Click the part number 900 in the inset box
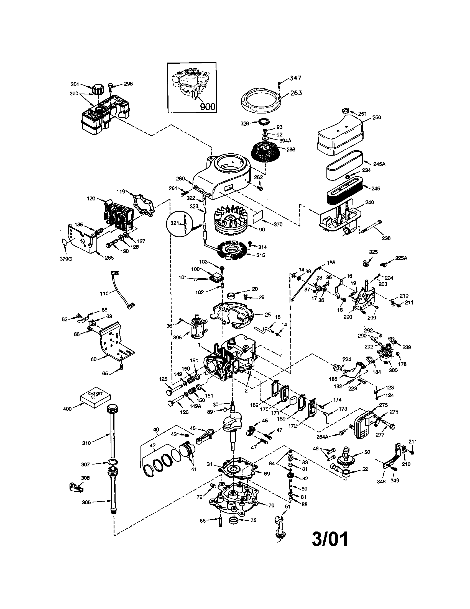(208, 107)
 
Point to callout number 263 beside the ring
(296, 92)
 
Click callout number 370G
(66, 259)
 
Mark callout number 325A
(401, 258)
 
